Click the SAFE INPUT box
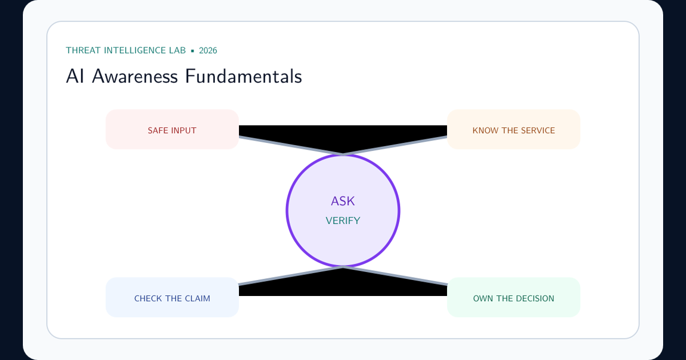(172, 129)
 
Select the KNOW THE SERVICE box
(513, 129)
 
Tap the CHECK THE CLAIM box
(172, 297)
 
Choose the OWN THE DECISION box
(513, 297)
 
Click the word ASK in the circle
(342, 201)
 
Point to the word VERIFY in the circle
(342, 221)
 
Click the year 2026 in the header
(208, 50)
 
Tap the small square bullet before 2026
(193, 51)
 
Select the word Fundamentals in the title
(244, 76)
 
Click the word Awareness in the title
(135, 76)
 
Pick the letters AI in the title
(75, 76)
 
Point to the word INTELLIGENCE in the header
(135, 50)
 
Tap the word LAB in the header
(177, 50)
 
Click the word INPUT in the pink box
(184, 131)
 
